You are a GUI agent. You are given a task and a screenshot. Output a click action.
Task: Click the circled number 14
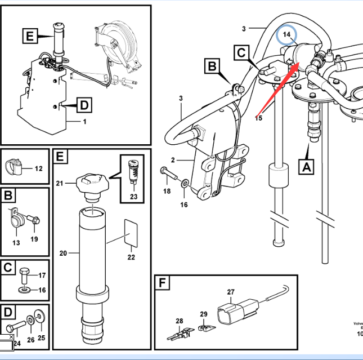288,35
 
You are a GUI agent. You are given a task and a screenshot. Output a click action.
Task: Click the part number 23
133,197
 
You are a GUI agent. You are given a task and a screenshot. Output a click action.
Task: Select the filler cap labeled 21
92,184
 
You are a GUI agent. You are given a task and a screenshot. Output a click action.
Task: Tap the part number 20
64,253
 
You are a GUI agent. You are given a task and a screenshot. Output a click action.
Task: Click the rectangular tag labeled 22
131,233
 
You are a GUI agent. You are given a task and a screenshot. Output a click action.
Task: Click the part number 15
258,118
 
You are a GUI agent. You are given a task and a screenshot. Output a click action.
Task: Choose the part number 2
173,161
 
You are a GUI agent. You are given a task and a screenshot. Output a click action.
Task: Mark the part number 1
84,121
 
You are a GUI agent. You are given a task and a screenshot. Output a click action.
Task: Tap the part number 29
203,314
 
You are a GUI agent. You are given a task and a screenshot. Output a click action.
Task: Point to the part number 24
17,343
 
